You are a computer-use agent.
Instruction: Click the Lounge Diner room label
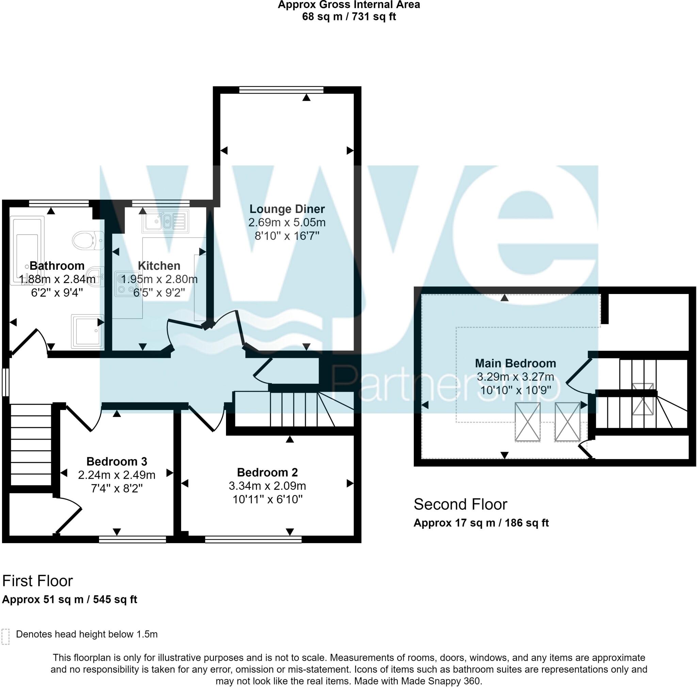point(287,209)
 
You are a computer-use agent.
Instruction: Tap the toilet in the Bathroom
point(88,240)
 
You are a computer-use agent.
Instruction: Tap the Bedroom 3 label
point(116,461)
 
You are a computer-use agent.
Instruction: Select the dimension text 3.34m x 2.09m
point(267,486)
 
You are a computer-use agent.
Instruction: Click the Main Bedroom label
point(515,363)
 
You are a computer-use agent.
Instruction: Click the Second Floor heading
point(460,504)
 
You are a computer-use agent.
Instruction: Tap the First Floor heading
point(37,581)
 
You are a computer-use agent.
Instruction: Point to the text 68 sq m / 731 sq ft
point(348,17)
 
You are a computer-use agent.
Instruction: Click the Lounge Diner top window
point(281,90)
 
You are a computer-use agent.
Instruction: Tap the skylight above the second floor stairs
point(643,399)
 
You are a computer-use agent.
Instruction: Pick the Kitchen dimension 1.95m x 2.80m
point(159,279)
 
